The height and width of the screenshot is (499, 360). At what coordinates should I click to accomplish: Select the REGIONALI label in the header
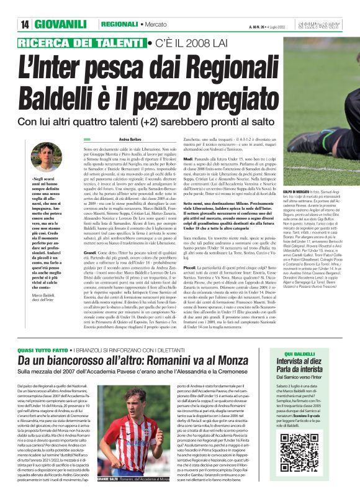(119, 24)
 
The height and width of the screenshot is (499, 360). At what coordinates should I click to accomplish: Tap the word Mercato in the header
(158, 24)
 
